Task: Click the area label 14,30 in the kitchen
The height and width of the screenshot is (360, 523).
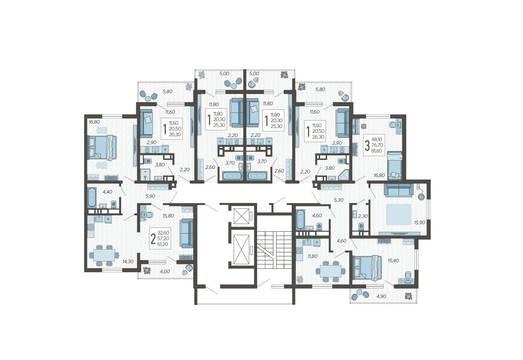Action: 128,261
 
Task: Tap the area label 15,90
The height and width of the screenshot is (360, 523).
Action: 420,222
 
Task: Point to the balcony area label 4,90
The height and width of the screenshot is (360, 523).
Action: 381,296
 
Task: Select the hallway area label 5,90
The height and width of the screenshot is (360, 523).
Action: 150,196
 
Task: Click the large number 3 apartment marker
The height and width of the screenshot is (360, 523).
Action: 367,145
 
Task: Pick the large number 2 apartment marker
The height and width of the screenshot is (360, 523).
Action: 153,239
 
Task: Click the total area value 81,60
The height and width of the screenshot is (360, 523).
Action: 376,151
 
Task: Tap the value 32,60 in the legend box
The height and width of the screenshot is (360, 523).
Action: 164,233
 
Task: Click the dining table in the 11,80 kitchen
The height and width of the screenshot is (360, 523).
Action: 330,271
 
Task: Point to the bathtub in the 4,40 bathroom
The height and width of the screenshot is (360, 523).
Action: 91,197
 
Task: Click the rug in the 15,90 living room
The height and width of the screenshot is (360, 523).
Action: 398,214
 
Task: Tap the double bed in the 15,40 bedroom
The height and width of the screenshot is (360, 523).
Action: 367,268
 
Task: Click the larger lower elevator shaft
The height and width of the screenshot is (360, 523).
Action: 242,250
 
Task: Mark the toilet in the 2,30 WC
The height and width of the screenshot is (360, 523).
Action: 361,226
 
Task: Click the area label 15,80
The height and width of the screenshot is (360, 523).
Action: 168,216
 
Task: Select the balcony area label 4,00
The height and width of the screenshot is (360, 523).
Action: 165,271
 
